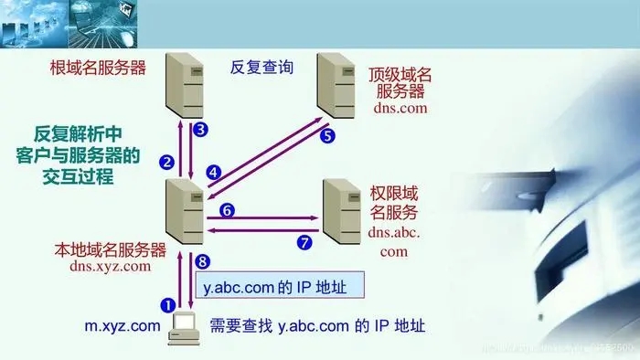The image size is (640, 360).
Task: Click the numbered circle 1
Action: [x=167, y=303]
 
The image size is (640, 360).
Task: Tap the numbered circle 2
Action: [x=166, y=163]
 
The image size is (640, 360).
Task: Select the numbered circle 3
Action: [x=201, y=129]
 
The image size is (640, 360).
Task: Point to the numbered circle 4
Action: [x=213, y=171]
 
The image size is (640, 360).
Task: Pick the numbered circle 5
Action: [x=328, y=136]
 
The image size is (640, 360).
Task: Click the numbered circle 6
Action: [x=229, y=210]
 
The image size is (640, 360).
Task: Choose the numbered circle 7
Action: [x=305, y=242]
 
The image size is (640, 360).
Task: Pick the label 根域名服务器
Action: [x=97, y=67]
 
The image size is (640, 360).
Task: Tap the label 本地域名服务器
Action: [x=110, y=249]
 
